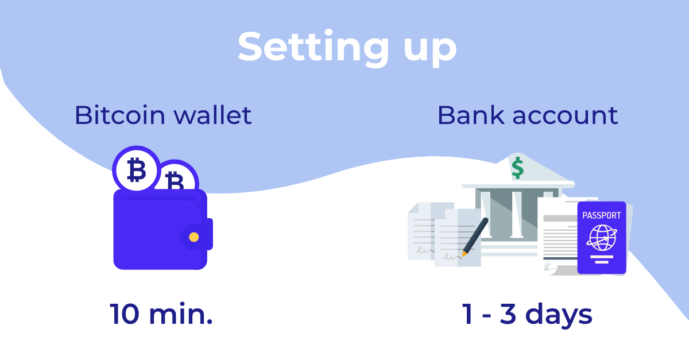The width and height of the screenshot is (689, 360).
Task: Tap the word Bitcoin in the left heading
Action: point(120,115)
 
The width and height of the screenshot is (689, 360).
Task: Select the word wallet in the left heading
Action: point(212,115)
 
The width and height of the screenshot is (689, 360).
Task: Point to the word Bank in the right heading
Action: point(471,115)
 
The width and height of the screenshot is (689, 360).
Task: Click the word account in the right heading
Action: point(565,117)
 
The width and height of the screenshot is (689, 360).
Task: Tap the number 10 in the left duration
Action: point(125,314)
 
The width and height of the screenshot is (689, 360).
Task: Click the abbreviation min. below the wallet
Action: point(181,313)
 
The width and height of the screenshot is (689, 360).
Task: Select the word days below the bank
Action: point(559,315)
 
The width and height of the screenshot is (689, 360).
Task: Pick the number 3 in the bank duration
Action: point(508,314)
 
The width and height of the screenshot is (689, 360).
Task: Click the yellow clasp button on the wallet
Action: point(194,237)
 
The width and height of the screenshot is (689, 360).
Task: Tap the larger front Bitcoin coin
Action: point(136,169)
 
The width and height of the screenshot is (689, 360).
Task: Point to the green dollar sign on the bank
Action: point(518,168)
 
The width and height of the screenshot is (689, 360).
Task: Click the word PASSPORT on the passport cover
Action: point(602,215)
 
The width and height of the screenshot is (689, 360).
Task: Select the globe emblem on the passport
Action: point(602,238)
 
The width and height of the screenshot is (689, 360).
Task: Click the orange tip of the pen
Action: point(464,254)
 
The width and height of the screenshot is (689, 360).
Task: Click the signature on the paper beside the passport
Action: point(549,266)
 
